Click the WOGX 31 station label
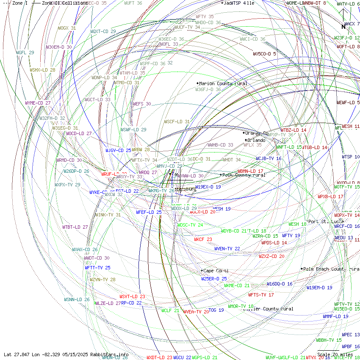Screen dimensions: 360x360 [x=67, y=28]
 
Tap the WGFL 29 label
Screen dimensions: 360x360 [x=25, y=53]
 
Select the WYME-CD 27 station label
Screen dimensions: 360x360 [x=38, y=103]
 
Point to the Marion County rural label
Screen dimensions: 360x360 [x=223, y=83]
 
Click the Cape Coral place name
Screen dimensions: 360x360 [x=216, y=271]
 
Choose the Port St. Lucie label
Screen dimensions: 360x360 [x=326, y=222]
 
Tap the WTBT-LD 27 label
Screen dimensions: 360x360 [x=75, y=227]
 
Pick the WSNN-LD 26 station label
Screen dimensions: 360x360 [x=77, y=299]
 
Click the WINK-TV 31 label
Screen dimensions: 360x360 [x=108, y=215]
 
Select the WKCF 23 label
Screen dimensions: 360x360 [x=203, y=239]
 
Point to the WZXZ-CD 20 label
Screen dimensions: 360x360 [x=271, y=256]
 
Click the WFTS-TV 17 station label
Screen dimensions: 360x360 [x=261, y=294]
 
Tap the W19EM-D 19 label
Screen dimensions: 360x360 [x=319, y=288]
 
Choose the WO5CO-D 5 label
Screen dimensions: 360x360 [x=264, y=54]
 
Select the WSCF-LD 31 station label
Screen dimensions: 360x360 [x=177, y=122]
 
